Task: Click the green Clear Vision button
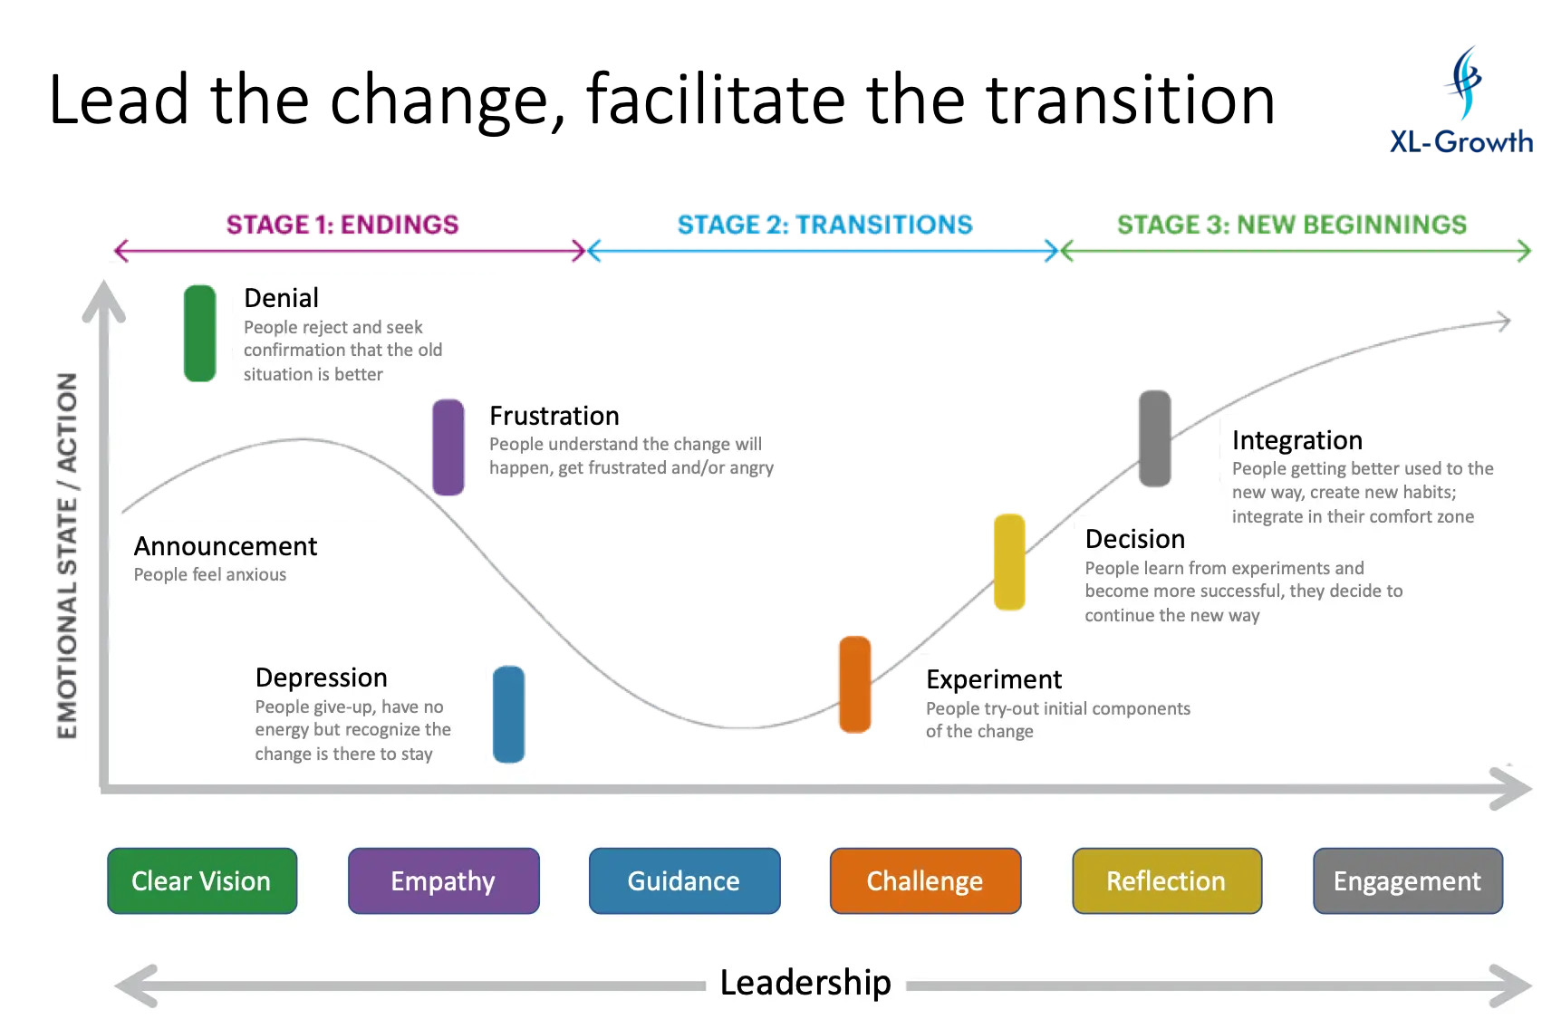(x=202, y=880)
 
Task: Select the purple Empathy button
(x=443, y=880)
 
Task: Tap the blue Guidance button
(x=684, y=880)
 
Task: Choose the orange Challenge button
(x=925, y=880)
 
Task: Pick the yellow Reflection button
(x=1166, y=880)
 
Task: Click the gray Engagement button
(x=1407, y=880)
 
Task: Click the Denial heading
(x=281, y=298)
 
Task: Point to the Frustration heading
(x=554, y=416)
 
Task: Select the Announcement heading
(x=226, y=546)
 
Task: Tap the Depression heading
(x=321, y=678)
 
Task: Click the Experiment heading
(x=994, y=679)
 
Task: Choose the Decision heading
(x=1135, y=539)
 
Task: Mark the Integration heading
(x=1296, y=440)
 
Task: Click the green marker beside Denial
(x=199, y=333)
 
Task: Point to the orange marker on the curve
(x=854, y=684)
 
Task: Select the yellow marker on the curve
(x=1008, y=562)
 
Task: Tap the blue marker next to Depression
(x=509, y=714)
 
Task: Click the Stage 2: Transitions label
(x=824, y=225)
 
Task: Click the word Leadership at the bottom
(x=805, y=983)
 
